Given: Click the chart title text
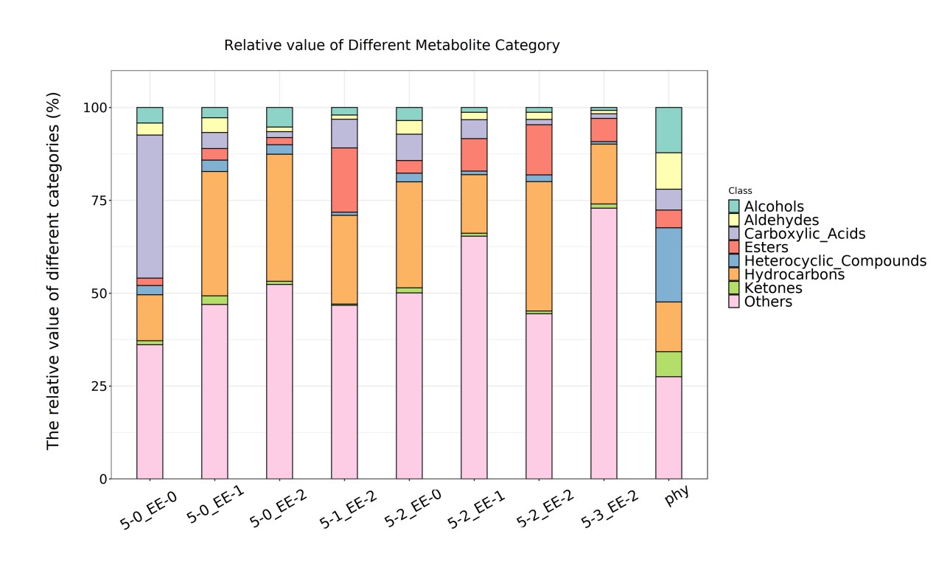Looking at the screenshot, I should (391, 46).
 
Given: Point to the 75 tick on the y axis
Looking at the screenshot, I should (95, 201).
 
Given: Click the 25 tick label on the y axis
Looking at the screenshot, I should (95, 386).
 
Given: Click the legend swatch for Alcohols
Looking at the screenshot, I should (734, 207).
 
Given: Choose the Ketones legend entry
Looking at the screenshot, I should (773, 288).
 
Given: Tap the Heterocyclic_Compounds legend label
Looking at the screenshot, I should (835, 261).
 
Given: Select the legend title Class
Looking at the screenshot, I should (740, 191).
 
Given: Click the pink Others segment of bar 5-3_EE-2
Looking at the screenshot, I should (604, 343).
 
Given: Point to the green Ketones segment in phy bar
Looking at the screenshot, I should (668, 364).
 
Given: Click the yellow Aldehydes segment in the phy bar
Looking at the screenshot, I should (668, 171).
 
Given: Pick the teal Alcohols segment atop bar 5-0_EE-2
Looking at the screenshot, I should (279, 117).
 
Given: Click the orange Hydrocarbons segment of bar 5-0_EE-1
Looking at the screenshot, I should (214, 233).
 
